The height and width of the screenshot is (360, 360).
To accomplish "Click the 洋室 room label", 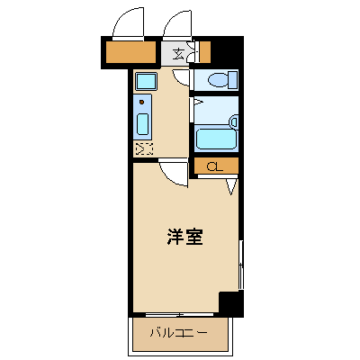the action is [184, 237].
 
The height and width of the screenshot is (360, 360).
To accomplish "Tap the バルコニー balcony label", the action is [179, 333].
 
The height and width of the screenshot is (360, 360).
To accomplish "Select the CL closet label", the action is [215, 166].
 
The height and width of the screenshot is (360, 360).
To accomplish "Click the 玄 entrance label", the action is [178, 53].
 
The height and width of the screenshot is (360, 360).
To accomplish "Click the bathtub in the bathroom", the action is [215, 138].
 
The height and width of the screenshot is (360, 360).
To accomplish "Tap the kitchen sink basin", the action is [143, 123].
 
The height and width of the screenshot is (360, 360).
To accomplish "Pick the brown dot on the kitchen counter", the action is [142, 103].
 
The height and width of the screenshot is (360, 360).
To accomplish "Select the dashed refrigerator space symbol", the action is [144, 148].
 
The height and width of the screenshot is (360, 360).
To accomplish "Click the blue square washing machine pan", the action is [146, 81].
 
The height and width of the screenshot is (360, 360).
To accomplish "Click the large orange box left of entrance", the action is [130, 52].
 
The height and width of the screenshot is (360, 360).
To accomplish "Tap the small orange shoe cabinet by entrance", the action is [205, 52].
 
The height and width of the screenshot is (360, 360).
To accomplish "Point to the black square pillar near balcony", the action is [230, 303].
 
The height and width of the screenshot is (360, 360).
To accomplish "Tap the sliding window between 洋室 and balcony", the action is [179, 315].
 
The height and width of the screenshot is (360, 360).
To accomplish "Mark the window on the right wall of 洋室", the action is [241, 265].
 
